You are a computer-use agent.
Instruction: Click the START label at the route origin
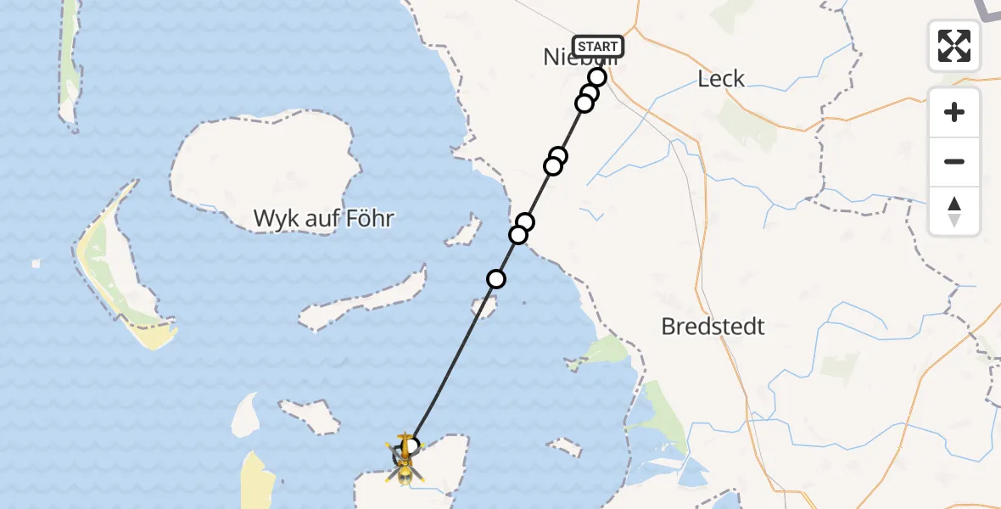tap(598, 46)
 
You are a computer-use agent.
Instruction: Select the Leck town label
tap(721, 79)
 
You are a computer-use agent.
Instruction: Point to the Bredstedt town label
tap(713, 327)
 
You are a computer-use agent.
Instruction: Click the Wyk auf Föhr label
tap(324, 219)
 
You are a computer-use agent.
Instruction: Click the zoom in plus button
tap(954, 112)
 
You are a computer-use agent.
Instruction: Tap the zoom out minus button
tap(954, 161)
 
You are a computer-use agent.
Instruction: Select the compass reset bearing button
tap(954, 211)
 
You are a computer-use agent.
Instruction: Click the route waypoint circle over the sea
tap(496, 278)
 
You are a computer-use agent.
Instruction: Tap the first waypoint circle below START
tap(597, 77)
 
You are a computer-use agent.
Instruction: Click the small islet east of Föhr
tap(464, 232)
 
